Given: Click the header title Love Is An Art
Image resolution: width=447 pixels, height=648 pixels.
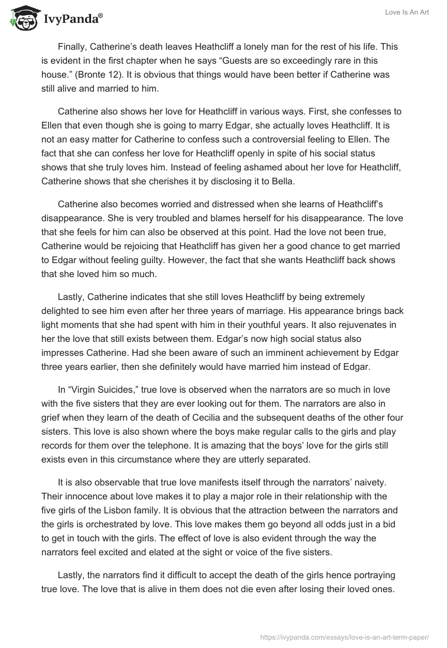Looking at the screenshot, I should [x=407, y=13].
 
